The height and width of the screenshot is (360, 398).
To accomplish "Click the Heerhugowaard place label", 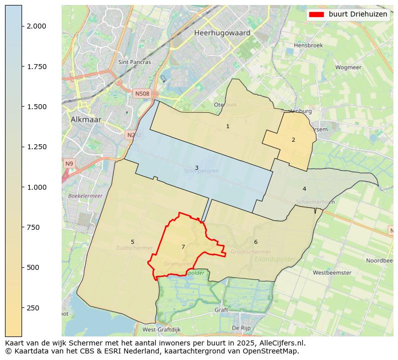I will pos(222,33).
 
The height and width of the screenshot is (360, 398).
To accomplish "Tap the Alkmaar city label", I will pos(86,120).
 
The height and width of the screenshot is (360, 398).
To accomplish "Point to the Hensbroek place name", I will pos(308,45).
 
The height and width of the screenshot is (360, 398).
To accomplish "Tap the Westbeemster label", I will pos(332,273).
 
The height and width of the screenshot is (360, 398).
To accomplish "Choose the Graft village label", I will pos(221,310).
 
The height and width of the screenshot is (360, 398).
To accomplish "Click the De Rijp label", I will pos(241,328).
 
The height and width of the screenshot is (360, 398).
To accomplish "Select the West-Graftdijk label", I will pos(161,330).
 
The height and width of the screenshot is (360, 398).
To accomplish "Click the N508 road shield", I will pos(142,93).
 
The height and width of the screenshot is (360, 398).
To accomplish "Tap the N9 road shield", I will pos(69,164).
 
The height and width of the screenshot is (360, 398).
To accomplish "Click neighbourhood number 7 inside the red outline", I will pos(183,247).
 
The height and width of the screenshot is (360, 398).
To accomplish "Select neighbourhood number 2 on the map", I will pos(293,140).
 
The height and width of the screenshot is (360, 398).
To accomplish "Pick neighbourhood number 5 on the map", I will pos(132,242).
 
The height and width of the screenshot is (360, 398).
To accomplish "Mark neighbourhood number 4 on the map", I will pos(304,189).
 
